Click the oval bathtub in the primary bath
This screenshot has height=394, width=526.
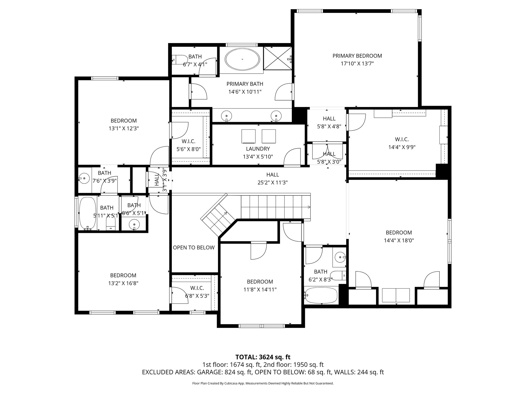point(242,59)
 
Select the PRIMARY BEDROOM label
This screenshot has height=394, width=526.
point(357,56)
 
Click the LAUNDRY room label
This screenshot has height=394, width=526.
point(258,149)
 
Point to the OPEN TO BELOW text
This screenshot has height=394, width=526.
point(194,248)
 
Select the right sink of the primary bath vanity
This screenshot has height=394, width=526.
point(276,114)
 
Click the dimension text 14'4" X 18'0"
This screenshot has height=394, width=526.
point(399,241)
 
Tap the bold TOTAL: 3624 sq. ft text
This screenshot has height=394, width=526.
point(263,357)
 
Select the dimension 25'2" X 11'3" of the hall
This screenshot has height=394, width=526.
point(273,183)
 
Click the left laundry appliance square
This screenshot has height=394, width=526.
point(248,136)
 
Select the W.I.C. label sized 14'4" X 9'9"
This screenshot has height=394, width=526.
point(402,139)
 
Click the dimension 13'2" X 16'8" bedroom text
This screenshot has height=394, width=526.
point(123,283)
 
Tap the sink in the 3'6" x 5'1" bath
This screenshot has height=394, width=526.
point(134,225)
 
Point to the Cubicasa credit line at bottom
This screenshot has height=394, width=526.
point(263,383)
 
